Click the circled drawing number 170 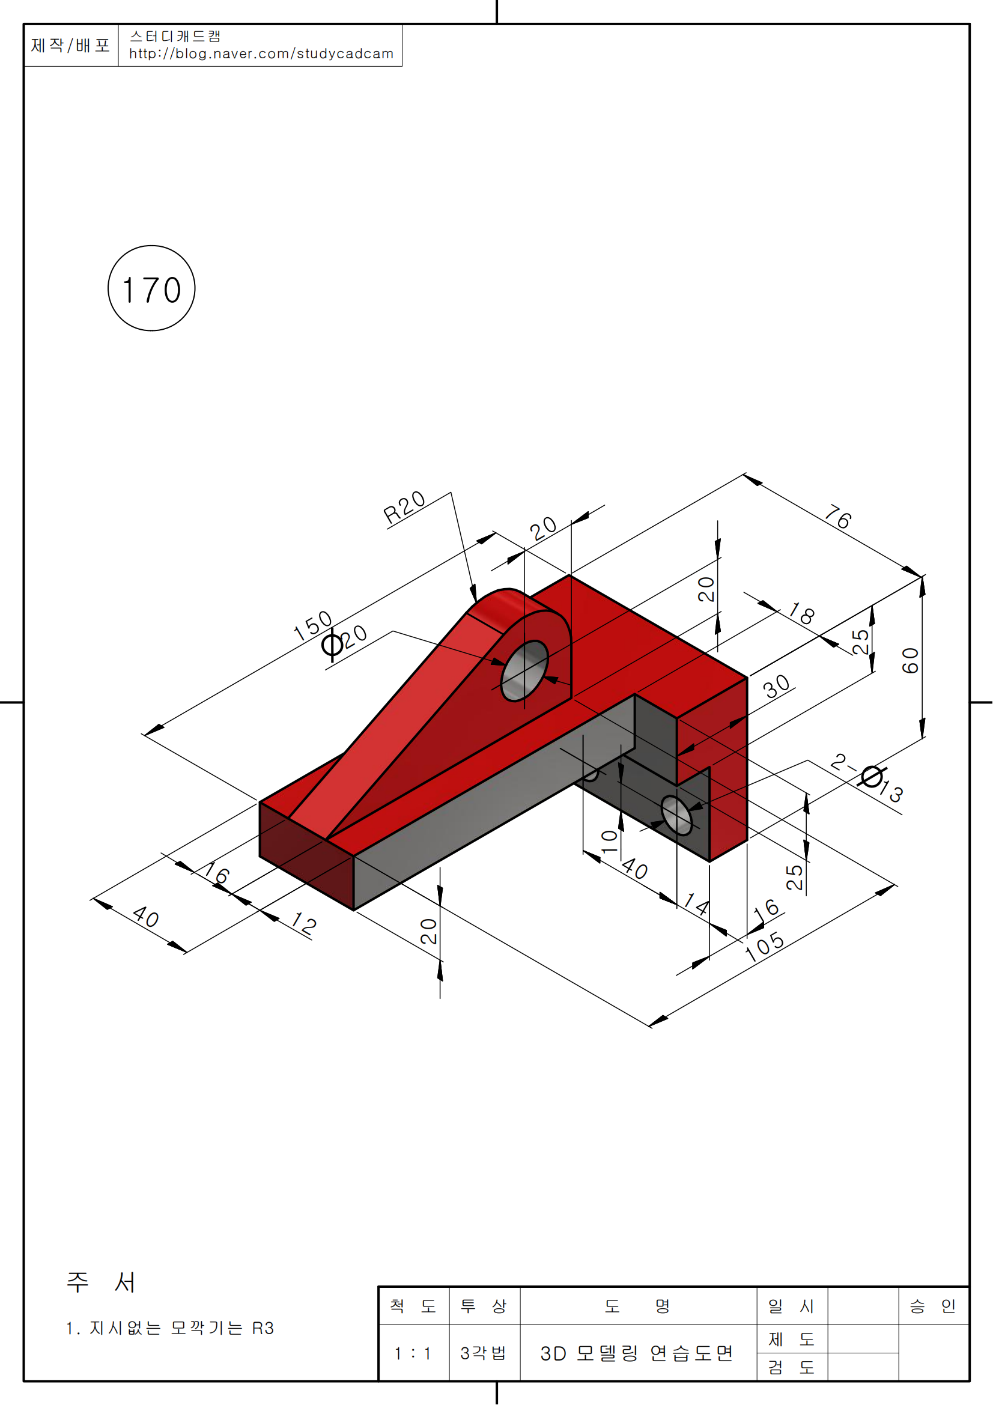tap(152, 289)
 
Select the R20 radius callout tap(404, 508)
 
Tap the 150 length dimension tap(312, 626)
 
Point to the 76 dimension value tap(838, 517)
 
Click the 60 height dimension tap(911, 661)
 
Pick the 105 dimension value tap(765, 947)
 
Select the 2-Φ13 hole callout tap(867, 778)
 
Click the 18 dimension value tap(801, 613)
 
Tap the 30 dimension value tap(777, 687)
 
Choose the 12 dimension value tap(304, 923)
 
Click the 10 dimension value tap(609, 842)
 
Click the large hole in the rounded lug tap(525, 671)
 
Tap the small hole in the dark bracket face tap(676, 815)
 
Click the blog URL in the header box tap(261, 54)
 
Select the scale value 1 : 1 tap(413, 1353)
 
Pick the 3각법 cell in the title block tap(484, 1353)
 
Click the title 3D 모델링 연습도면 tap(637, 1353)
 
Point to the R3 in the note tap(263, 1328)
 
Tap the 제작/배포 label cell tap(70, 45)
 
